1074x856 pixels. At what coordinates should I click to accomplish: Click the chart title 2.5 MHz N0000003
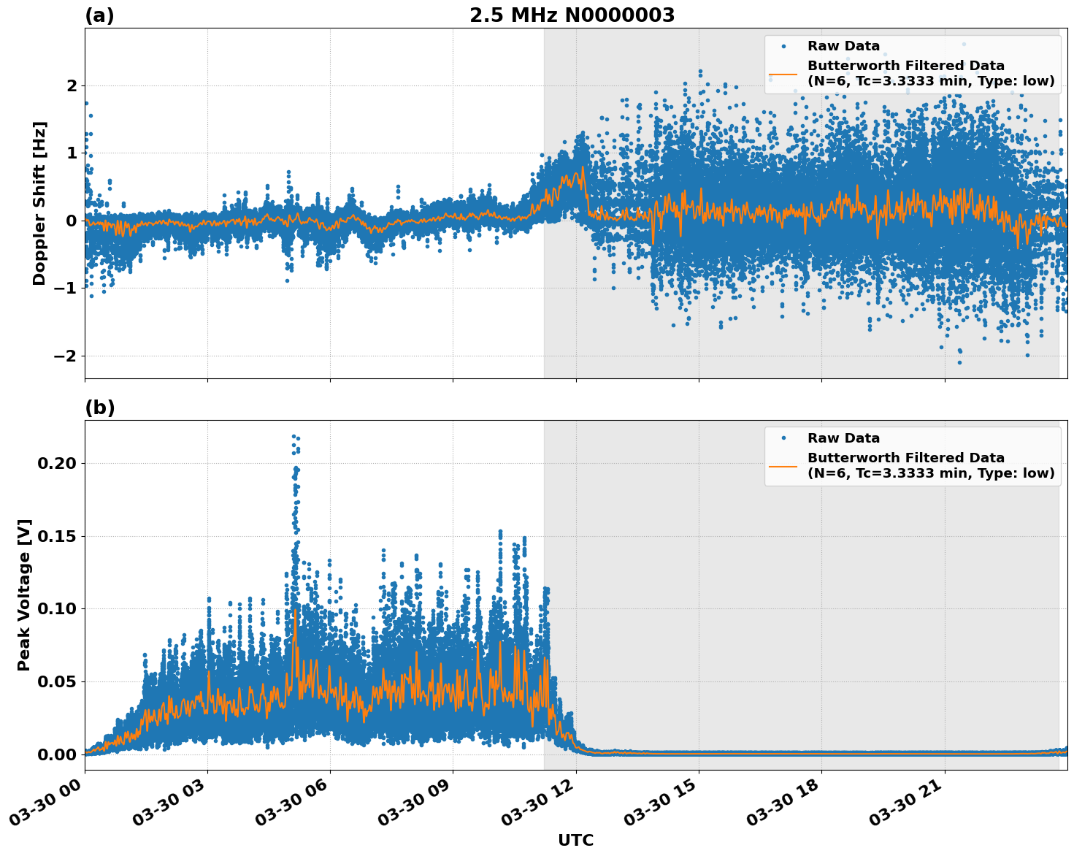click(x=572, y=15)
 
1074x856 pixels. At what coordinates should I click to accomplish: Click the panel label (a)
click(x=99, y=15)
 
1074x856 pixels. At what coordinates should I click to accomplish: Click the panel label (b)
click(x=99, y=408)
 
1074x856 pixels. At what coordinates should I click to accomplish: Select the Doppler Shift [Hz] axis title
click(x=39, y=203)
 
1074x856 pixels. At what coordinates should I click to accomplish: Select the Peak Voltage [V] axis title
click(x=24, y=595)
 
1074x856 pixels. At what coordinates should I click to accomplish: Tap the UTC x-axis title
click(x=575, y=840)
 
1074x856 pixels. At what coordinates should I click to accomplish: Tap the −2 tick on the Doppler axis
click(x=66, y=356)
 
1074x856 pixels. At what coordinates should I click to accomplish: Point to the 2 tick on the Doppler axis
click(x=72, y=85)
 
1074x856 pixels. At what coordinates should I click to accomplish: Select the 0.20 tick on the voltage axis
click(x=61, y=463)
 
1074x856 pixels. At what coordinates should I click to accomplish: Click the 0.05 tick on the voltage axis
click(x=61, y=681)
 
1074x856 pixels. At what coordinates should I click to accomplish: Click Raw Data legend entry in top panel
click(x=843, y=46)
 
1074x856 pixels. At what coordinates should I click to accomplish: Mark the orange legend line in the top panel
click(x=783, y=73)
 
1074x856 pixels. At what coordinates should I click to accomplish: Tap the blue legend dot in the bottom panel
click(x=783, y=438)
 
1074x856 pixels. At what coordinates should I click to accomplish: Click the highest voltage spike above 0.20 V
click(x=294, y=437)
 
